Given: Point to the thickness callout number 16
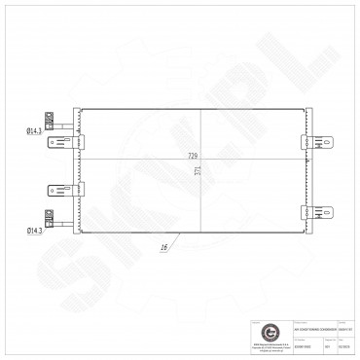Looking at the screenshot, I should (163, 247).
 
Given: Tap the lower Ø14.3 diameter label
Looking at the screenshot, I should (35, 229).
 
